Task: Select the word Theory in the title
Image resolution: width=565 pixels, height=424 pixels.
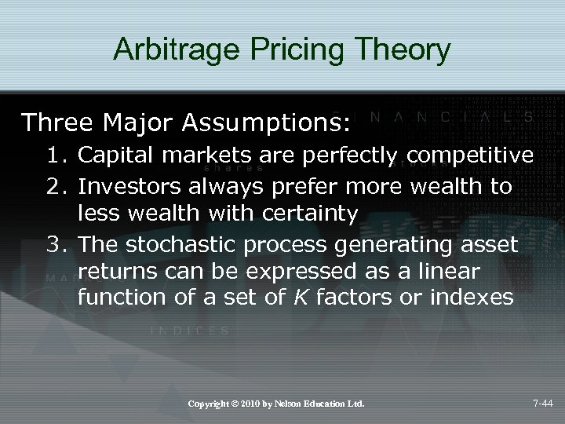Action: [406, 49]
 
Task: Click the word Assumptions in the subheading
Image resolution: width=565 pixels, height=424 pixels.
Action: [271, 123]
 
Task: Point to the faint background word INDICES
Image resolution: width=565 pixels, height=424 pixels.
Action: [189, 331]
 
